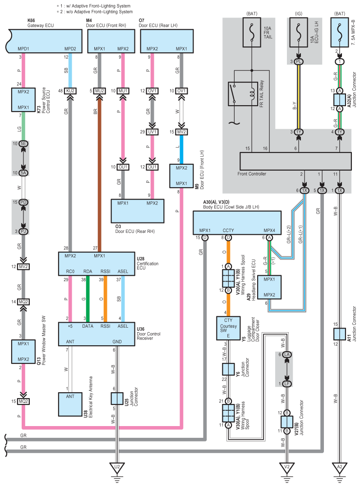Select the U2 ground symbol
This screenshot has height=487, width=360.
117,468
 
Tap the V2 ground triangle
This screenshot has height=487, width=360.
286,468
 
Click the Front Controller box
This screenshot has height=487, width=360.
295,160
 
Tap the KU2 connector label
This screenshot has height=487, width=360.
70,91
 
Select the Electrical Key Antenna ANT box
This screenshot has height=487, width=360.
70,404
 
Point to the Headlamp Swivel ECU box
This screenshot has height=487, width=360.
270,286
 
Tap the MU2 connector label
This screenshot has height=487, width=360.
100,91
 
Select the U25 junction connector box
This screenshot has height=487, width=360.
117,398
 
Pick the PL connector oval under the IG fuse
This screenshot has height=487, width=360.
299,61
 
